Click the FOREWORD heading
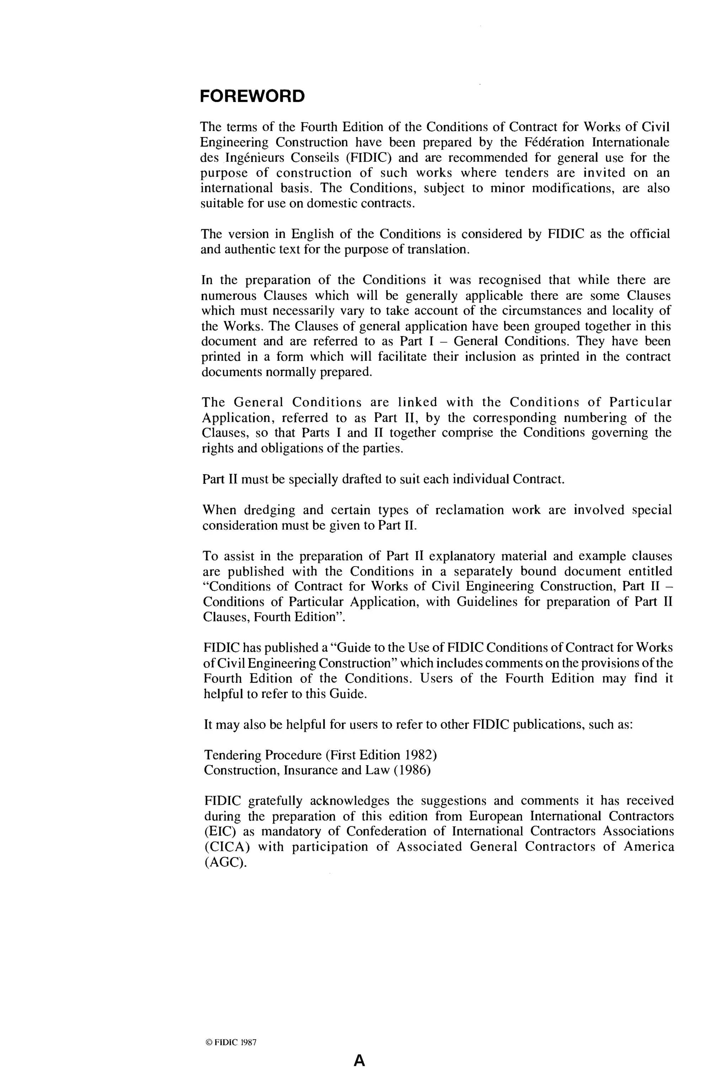pyautogui.click(x=252, y=97)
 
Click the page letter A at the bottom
pyautogui.click(x=359, y=1061)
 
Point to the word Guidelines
pyautogui.click(x=487, y=602)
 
